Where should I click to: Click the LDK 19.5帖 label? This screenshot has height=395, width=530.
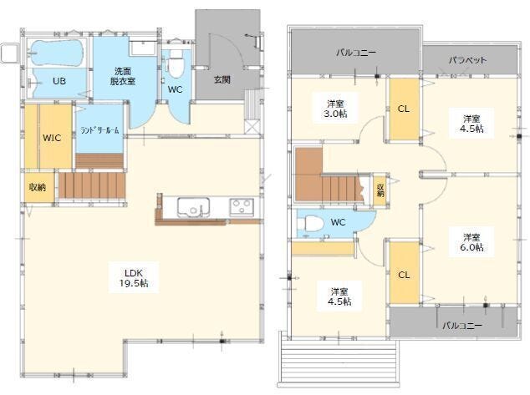[134, 277]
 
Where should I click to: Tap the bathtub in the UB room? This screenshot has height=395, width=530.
[56, 53]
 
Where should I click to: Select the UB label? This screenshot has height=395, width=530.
[59, 81]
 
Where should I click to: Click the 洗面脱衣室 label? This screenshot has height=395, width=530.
[123, 76]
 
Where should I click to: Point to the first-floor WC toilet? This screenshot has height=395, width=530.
[176, 63]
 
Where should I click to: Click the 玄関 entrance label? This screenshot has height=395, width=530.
[222, 79]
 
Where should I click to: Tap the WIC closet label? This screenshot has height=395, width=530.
[52, 138]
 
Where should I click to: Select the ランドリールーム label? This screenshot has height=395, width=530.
[99, 130]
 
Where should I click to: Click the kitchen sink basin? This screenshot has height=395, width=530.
[193, 207]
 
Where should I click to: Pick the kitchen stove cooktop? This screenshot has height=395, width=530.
[242, 207]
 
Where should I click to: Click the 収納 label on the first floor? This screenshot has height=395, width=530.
[38, 187]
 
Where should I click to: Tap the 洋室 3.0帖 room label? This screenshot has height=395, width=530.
[335, 109]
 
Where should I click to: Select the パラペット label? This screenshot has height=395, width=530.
[468, 60]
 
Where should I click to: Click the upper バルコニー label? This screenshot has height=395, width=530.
[356, 53]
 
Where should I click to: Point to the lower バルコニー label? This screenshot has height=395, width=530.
[462, 326]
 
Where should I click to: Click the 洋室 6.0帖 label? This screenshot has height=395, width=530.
[471, 242]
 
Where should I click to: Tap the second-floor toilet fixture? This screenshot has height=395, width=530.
[309, 224]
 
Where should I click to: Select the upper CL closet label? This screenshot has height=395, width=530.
[404, 109]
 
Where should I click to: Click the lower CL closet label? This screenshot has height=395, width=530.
[404, 275]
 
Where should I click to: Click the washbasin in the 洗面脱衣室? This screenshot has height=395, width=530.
[143, 48]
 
